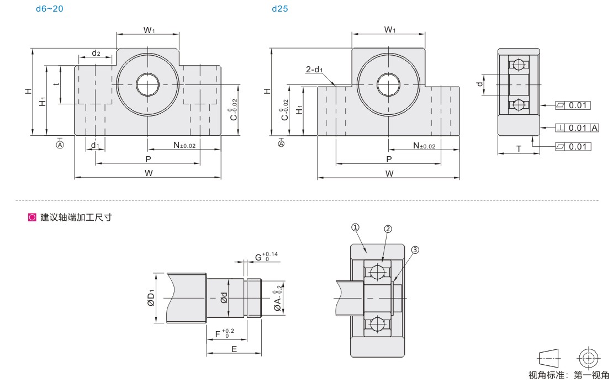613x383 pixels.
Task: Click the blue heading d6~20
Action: (49, 9)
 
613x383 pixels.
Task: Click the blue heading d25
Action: (280, 9)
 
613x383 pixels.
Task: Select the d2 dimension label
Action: (96, 53)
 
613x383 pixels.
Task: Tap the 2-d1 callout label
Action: (314, 70)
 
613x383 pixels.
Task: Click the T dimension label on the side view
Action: (519, 148)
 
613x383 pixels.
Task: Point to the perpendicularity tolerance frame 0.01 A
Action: (577, 128)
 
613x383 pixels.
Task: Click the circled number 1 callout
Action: (355, 227)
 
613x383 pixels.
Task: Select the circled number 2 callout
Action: (388, 229)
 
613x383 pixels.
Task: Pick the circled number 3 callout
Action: (415, 250)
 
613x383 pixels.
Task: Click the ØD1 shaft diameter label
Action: (151, 298)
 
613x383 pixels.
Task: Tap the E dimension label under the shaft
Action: (234, 349)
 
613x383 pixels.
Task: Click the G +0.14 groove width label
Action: (266, 257)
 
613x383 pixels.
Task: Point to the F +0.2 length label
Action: (225, 333)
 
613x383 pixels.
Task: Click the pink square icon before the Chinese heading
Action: (32, 217)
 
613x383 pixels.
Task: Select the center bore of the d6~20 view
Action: (148, 84)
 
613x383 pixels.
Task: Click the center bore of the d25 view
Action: (389, 84)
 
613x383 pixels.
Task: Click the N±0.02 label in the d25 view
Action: (424, 146)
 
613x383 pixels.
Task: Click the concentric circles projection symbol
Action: (589, 358)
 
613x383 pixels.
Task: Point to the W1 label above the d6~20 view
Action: (149, 30)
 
